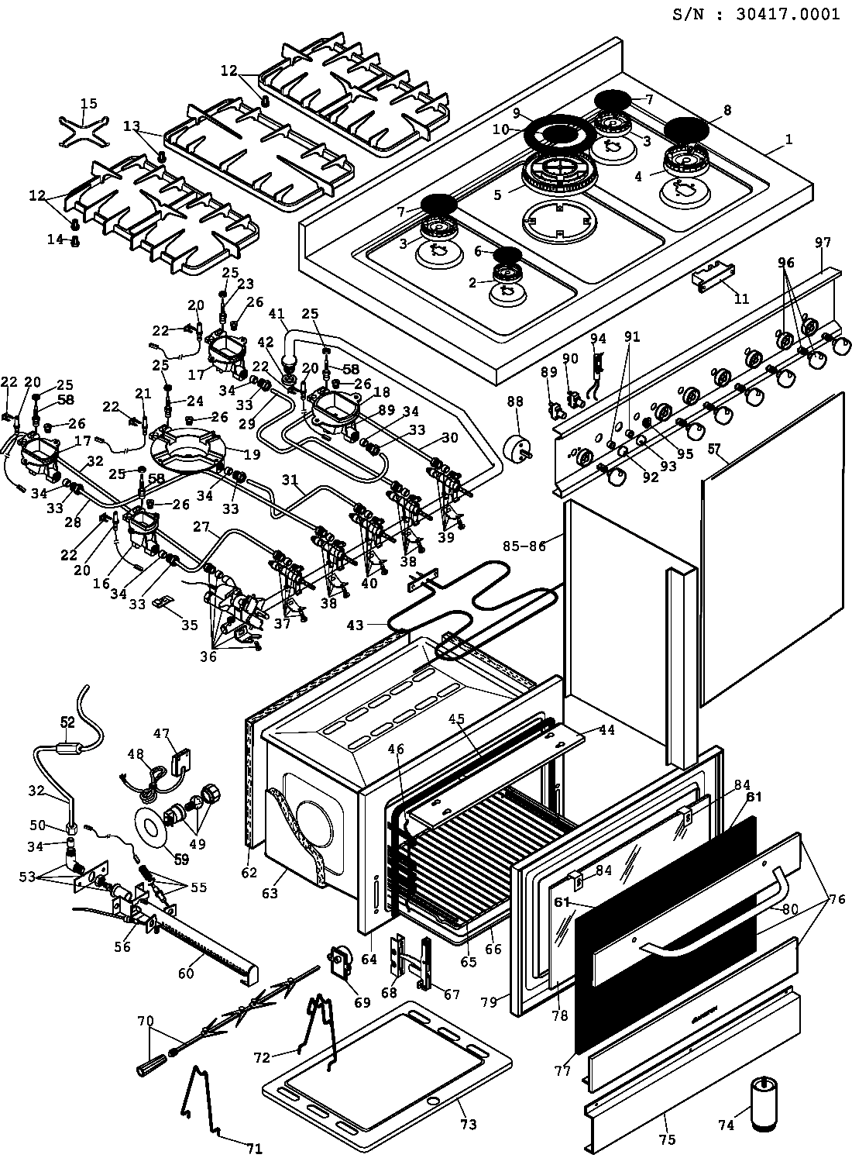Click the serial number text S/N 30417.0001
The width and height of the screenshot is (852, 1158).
[755, 15]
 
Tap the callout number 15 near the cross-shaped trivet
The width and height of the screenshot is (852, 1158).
[89, 104]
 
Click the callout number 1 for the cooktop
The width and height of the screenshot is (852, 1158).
[788, 140]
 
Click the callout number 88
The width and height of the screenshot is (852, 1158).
[515, 402]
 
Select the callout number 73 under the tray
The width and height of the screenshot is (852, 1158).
[469, 1124]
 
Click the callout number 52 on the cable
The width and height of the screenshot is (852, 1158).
[67, 722]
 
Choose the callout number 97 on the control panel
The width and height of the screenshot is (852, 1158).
[822, 243]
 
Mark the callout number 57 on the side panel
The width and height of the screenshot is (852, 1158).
[713, 448]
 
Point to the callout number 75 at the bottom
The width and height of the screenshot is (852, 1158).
[668, 1139]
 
